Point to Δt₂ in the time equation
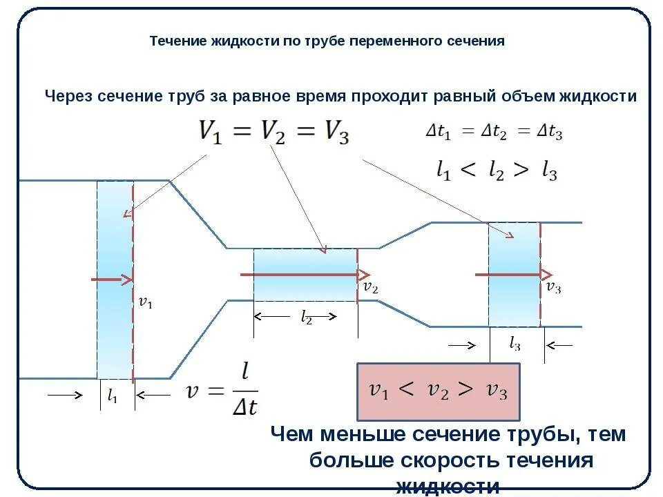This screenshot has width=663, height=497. (x=495, y=133)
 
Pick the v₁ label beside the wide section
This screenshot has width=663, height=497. (x=146, y=302)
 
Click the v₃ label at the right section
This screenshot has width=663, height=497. (x=553, y=287)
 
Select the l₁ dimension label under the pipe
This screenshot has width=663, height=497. (x=112, y=396)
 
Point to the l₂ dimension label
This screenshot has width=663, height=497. (x=306, y=317)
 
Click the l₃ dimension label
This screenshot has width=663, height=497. (x=515, y=344)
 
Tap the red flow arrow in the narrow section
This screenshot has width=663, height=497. (x=305, y=274)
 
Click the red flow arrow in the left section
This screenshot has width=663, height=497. (x=112, y=280)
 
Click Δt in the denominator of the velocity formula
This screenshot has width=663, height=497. (x=244, y=407)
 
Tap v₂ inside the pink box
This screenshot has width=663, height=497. (x=437, y=391)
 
